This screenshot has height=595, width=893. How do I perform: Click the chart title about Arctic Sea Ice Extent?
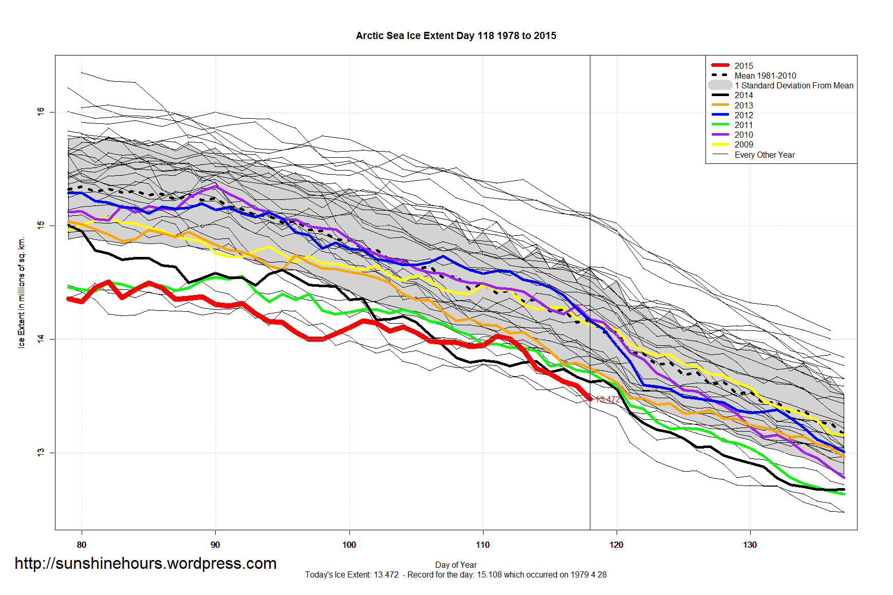click(456, 36)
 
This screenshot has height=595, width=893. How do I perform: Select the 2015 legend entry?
click(743, 66)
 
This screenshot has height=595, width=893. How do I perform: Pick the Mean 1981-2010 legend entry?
click(765, 76)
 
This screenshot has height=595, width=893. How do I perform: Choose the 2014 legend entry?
click(743, 95)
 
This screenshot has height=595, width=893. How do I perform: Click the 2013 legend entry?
click(743, 105)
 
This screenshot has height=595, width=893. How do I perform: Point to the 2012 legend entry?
click(743, 115)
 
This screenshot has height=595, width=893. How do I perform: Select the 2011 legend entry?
click(743, 125)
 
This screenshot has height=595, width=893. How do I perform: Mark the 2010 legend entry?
click(743, 135)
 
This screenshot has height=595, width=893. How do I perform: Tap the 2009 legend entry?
click(743, 144)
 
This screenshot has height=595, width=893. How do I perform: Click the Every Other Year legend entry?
click(764, 155)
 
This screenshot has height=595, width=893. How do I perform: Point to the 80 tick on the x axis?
click(82, 545)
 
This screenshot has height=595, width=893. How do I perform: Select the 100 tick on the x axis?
click(349, 545)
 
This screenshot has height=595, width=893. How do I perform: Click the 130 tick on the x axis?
click(750, 545)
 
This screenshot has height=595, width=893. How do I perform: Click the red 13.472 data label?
click(608, 399)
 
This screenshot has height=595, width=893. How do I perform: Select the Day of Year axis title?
click(456, 565)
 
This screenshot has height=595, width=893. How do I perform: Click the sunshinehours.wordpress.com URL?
click(145, 564)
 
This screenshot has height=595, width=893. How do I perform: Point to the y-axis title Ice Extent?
click(22, 293)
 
